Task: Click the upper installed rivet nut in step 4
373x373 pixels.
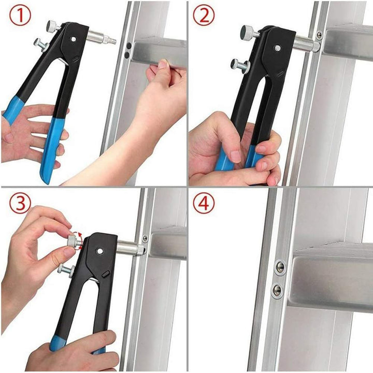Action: click(280, 267)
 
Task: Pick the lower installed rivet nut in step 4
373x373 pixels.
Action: click(278, 290)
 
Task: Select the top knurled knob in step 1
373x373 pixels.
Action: click(52, 25)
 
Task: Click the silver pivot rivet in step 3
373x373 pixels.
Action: click(99, 251)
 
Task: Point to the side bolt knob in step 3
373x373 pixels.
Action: click(65, 269)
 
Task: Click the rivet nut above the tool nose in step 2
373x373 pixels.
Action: click(319, 35)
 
